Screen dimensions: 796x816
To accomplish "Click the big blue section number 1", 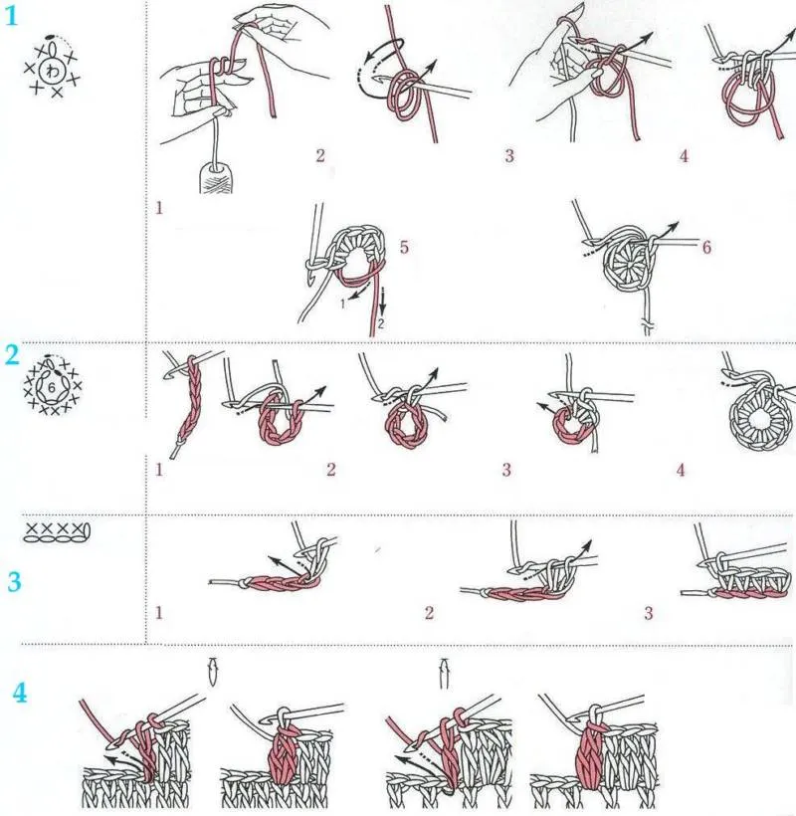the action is click(x=11, y=16).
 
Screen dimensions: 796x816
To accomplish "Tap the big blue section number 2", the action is click(x=12, y=355).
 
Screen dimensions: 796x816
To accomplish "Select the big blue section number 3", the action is click(x=14, y=581).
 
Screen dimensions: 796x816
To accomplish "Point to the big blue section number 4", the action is click(x=20, y=693).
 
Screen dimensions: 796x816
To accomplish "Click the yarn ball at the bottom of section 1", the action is click(x=217, y=177).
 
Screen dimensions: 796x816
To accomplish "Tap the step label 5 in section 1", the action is click(x=404, y=247).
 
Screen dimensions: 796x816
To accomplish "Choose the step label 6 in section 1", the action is click(x=706, y=247).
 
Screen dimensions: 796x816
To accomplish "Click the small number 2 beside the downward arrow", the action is click(x=381, y=323).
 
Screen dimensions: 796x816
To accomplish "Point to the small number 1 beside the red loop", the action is click(x=343, y=303).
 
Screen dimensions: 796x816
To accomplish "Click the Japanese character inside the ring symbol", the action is click(x=53, y=71).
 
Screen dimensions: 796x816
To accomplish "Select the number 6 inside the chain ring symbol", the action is click(x=51, y=388).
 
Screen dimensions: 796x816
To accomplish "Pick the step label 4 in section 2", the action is click(x=681, y=471).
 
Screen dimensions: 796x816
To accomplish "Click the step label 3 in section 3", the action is click(x=649, y=613).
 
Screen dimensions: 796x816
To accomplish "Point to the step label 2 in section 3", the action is click(x=429, y=613).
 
